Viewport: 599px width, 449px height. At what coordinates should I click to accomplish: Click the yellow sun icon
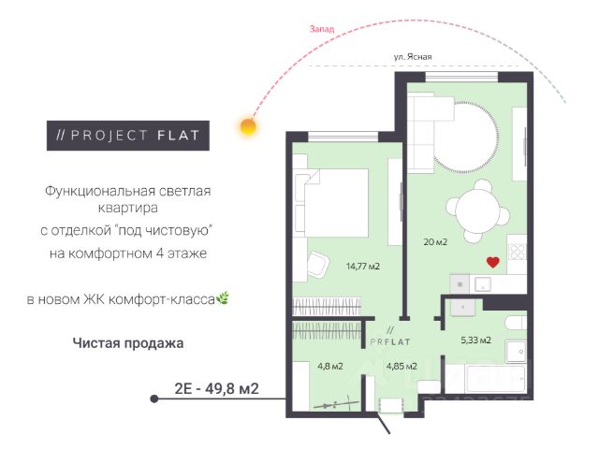coord(248,126)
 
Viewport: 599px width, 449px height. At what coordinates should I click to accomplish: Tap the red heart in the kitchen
coord(493,262)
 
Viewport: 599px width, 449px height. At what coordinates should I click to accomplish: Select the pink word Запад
coord(322,29)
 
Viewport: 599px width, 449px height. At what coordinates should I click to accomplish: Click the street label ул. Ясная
coord(413,57)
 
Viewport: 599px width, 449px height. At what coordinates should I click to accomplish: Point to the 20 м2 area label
coord(435,241)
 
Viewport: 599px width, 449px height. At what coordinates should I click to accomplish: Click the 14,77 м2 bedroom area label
coord(363,266)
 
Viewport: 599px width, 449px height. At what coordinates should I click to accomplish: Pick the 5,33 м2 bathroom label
coord(475,340)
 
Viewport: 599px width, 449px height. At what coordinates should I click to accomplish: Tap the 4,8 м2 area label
coord(330,367)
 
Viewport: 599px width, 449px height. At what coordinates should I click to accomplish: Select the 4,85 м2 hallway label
coord(402,367)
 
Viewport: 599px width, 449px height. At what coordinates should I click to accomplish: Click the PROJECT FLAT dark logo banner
coord(128,136)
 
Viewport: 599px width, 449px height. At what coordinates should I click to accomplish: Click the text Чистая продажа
coord(128,343)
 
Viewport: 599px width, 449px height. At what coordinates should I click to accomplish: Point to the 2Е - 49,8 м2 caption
coord(216,389)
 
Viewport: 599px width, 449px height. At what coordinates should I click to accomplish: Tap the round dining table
coord(478,211)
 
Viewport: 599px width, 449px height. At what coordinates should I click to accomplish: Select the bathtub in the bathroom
coord(486,379)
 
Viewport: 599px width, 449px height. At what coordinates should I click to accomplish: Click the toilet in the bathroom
coord(516,323)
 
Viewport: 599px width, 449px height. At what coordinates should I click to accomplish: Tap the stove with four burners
coord(518,252)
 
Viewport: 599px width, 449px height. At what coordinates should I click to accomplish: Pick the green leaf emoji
coord(223,298)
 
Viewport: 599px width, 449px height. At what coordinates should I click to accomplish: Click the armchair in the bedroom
coord(318,264)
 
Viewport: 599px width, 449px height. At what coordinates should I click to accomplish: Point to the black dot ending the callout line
coord(154,399)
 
